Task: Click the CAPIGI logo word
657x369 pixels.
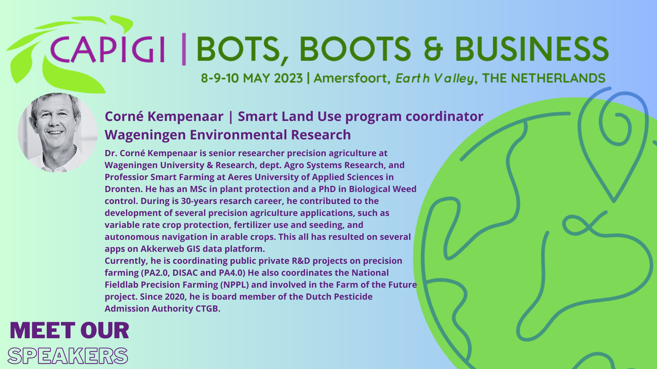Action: (x=107, y=50)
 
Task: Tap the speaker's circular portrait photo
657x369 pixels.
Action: (x=57, y=133)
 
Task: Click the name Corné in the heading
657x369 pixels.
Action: (x=124, y=116)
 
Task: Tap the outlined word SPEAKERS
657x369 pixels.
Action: (x=68, y=356)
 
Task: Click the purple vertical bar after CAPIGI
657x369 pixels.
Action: (x=184, y=49)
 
